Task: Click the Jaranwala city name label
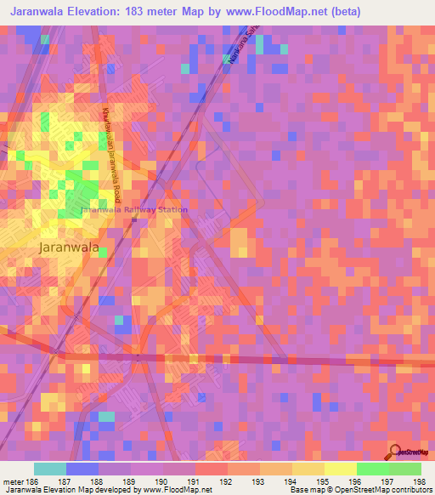pos(70,247)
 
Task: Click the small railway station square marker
pos(133,220)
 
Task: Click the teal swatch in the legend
pos(49,469)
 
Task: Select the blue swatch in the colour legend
pos(82,469)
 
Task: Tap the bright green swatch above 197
pos(372,469)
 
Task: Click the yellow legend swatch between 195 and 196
pos(340,469)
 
